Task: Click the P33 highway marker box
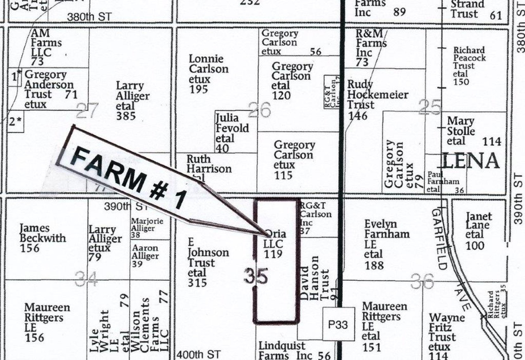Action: [339, 324]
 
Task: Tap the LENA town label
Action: [470, 161]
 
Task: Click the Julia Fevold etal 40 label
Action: [232, 133]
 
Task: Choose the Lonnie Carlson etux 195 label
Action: [208, 74]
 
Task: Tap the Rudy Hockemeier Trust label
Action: [377, 100]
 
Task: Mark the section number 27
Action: [87, 112]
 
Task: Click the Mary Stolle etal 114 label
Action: [473, 131]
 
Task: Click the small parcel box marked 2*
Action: [16, 121]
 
